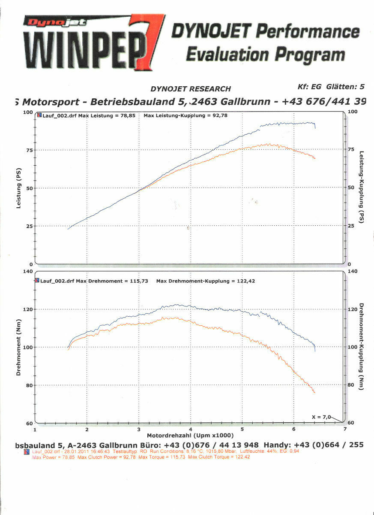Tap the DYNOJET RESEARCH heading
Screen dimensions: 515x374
pos(191,89)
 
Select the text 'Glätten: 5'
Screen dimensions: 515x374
pos(345,86)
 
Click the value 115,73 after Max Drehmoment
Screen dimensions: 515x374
pos(139,281)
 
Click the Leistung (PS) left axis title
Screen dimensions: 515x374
pos(18,188)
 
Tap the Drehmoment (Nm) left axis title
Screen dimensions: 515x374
pos(18,347)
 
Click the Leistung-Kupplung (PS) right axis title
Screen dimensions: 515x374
pos(361,188)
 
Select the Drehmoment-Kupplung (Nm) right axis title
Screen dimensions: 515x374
pos(361,347)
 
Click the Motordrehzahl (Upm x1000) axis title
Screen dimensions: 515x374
pos(191,435)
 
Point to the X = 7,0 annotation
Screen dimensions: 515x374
pos(321,416)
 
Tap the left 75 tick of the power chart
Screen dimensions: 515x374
pos(29,150)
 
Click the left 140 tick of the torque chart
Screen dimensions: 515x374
pos(27,271)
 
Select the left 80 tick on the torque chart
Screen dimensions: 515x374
pos(29,385)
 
